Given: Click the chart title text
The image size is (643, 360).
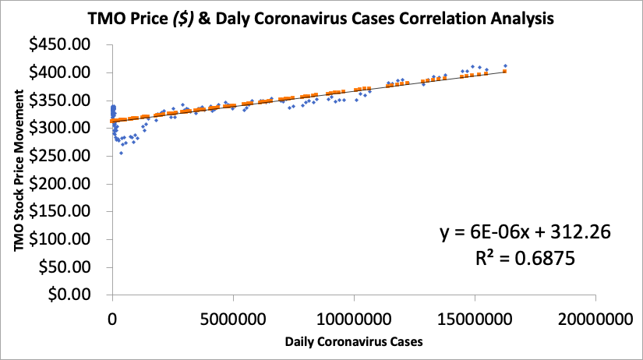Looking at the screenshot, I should (x=320, y=18).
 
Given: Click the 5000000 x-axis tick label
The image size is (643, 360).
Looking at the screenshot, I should (x=233, y=318).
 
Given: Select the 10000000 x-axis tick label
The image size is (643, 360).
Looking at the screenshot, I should (x=354, y=318).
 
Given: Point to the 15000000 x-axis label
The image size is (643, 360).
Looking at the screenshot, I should (x=475, y=318).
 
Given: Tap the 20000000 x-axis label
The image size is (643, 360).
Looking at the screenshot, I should (x=595, y=318).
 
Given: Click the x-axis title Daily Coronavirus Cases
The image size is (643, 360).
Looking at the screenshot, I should (x=355, y=341).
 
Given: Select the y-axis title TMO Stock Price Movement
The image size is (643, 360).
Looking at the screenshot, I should (x=18, y=170).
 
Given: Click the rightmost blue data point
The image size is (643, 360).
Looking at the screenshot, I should (x=505, y=66).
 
